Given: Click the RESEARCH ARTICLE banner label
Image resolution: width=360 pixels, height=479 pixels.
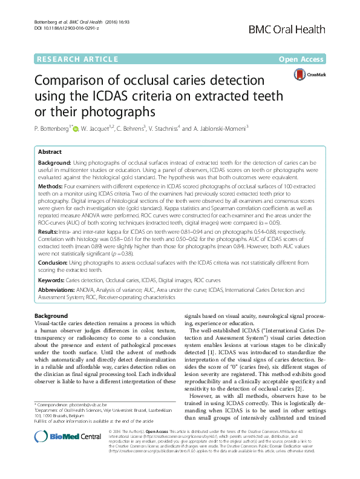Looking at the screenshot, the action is (77, 59).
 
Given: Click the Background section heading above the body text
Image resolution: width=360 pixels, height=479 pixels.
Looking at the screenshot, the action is (51, 316).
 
